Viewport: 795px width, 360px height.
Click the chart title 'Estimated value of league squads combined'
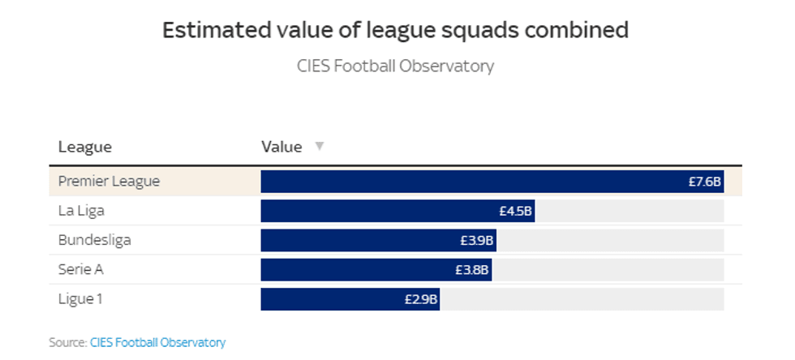point(396,30)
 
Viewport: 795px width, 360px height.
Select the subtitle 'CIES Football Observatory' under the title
point(396,66)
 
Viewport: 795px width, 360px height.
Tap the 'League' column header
point(85,147)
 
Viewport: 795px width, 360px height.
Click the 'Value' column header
point(281,147)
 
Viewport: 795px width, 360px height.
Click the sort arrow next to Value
point(319,147)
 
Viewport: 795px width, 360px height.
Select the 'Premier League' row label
point(109,182)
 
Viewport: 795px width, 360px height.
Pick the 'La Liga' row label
point(81,211)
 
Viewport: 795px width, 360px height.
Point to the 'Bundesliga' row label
point(94,240)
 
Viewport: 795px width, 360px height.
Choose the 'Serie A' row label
point(81,269)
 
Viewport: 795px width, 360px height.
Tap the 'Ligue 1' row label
point(80,299)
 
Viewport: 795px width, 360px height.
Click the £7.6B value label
point(704,182)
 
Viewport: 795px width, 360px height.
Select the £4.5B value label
point(515,211)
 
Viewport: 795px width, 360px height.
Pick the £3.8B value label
point(472,270)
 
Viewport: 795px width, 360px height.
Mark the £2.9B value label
point(421,299)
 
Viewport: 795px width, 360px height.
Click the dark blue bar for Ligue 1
point(333,299)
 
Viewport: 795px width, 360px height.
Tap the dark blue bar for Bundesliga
point(357,241)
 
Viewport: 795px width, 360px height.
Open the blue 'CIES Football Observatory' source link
point(157,342)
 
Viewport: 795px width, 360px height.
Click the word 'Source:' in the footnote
point(67,342)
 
